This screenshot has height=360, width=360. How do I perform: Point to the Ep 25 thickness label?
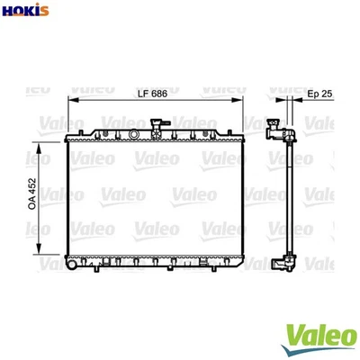[x=319, y=94]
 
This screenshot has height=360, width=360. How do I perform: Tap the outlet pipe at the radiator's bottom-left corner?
[x=72, y=267]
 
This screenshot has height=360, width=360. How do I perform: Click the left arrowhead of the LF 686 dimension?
[x=70, y=103]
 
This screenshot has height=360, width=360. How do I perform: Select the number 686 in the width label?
[x=160, y=94]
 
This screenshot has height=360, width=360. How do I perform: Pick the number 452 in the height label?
[x=32, y=185]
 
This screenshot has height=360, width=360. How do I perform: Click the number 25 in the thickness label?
[x=327, y=94]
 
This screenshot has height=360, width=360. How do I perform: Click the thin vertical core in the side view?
[x=289, y=198]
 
